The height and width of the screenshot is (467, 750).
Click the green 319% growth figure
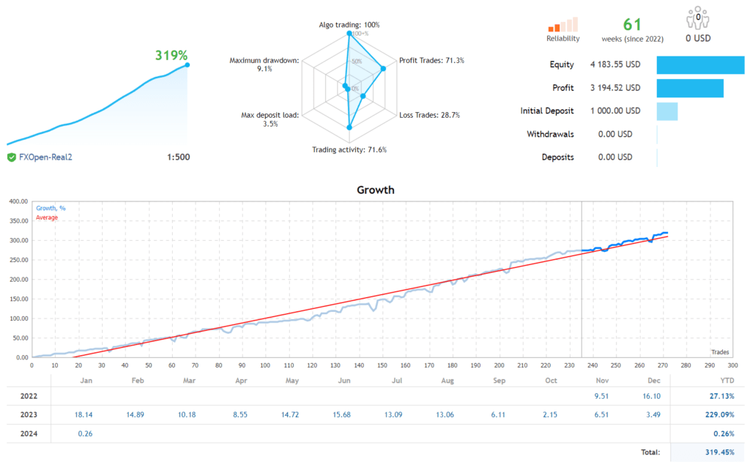(x=171, y=55)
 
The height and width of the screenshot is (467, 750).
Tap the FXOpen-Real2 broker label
(x=46, y=157)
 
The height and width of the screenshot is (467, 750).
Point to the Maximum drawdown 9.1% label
(x=264, y=64)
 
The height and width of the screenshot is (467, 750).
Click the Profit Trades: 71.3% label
(x=431, y=60)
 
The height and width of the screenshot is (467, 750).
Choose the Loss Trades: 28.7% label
(x=429, y=115)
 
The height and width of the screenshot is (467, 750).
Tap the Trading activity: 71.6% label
(x=349, y=149)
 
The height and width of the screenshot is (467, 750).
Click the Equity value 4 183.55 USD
(x=615, y=64)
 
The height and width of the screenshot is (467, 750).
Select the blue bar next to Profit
(x=689, y=88)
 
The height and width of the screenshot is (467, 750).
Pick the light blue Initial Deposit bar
(x=667, y=111)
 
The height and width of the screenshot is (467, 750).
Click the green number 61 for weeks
(x=632, y=23)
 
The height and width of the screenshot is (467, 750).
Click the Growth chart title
(x=375, y=190)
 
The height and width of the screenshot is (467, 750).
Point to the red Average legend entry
(x=47, y=217)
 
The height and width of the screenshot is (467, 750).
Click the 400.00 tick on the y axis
(x=18, y=201)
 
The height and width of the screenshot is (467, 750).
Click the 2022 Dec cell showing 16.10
(x=651, y=396)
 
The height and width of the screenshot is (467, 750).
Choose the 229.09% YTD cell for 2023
(x=720, y=415)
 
